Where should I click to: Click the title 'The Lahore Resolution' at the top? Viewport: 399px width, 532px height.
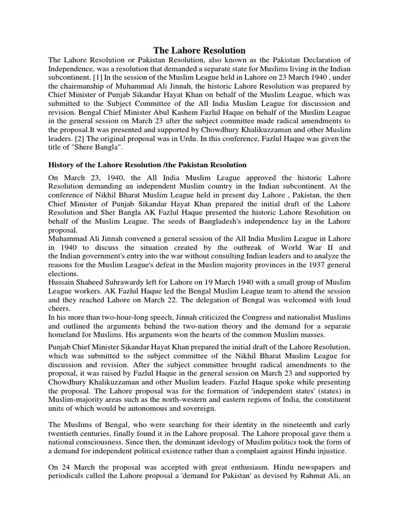199,50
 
